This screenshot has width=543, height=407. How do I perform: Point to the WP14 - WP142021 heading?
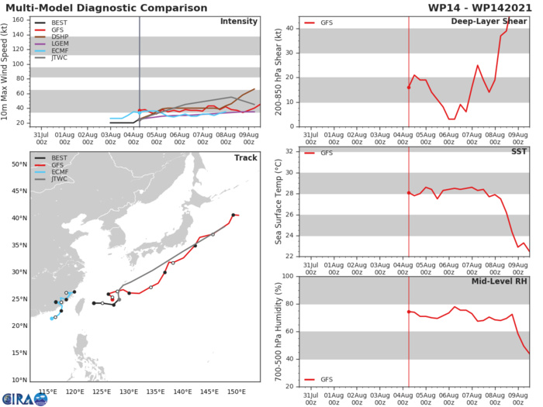click(x=481, y=7)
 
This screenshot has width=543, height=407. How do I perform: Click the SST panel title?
click(x=518, y=151)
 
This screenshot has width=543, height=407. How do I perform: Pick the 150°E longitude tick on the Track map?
click(x=237, y=391)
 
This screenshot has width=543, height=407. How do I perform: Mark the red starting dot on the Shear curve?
click(x=409, y=88)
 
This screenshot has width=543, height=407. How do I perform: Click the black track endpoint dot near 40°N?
click(x=233, y=215)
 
